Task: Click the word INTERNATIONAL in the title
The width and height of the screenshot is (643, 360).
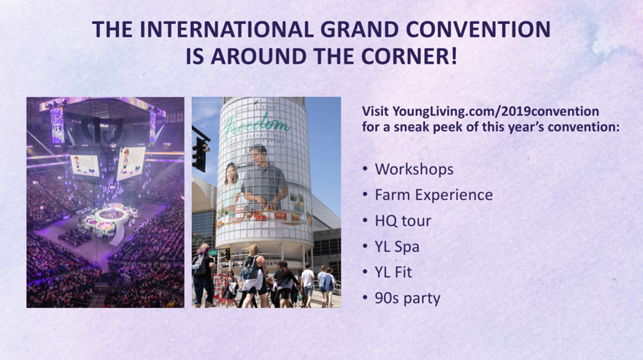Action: click(226, 29)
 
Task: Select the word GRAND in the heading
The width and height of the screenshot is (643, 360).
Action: click(359, 29)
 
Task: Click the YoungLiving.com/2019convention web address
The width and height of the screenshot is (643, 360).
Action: click(496, 111)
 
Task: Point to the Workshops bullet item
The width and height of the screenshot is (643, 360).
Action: click(414, 169)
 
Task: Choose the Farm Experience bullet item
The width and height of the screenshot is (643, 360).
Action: click(434, 194)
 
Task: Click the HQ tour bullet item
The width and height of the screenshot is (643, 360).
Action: click(403, 221)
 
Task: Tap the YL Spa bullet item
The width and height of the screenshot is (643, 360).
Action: click(397, 247)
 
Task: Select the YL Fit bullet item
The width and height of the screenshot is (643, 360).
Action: click(393, 272)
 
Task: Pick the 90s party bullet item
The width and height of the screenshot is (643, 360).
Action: click(407, 299)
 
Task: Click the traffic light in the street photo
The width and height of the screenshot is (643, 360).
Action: click(201, 153)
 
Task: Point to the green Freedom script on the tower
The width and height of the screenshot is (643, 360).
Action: click(257, 123)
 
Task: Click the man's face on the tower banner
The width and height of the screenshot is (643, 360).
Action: click(259, 155)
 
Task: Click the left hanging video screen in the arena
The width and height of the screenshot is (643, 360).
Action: click(85, 166)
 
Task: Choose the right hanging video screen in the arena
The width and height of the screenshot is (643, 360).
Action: click(131, 164)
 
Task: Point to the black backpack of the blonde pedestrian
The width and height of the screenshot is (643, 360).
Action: click(250, 267)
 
